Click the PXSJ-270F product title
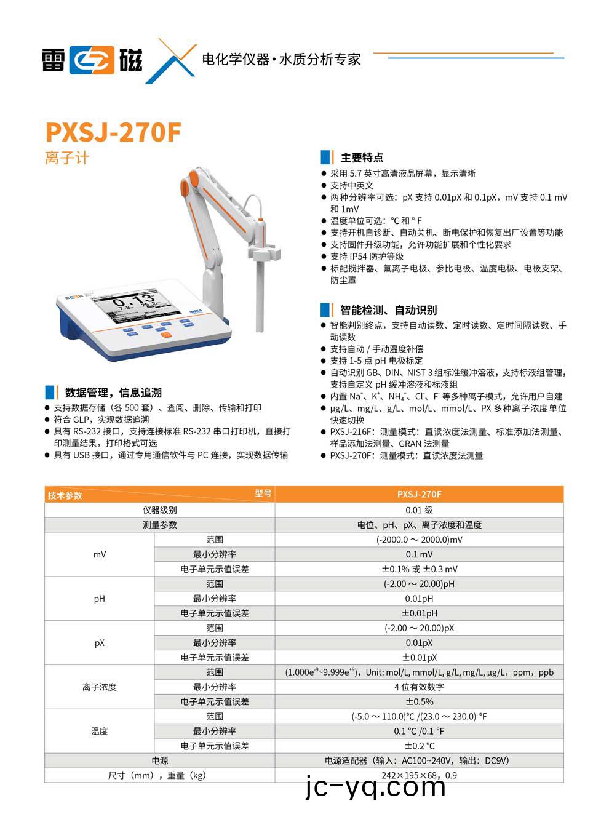113,132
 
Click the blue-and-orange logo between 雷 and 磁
92,60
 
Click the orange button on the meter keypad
165,334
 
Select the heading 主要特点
362,158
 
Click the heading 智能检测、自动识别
388,310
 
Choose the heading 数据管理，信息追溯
113,393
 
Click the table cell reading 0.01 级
419,510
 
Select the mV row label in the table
99,554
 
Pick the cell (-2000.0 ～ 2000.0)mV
419,540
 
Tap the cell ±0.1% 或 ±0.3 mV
419,569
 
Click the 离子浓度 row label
99,687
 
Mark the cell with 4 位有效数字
419,687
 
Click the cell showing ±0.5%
419,701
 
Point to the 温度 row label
99,731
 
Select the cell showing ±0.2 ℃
419,746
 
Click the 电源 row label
159,760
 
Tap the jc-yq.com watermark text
375,788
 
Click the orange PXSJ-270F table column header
419,494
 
